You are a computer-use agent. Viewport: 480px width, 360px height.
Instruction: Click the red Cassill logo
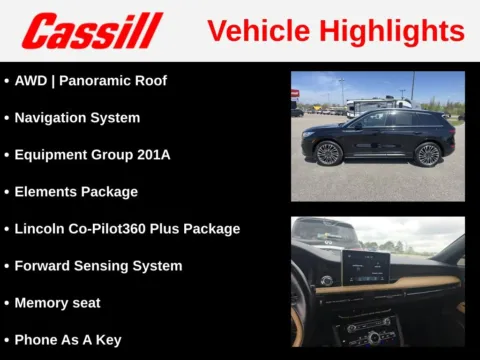coord(92,31)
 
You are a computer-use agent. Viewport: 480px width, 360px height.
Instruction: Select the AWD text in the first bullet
coord(31,80)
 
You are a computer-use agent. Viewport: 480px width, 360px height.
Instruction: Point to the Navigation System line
coord(77,117)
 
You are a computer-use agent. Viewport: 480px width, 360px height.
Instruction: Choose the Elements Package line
coord(76,191)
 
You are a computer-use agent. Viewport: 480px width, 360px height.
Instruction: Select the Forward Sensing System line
coord(98,265)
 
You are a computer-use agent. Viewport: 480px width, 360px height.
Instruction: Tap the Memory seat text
coord(57,302)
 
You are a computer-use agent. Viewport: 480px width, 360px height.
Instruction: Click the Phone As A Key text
coord(68,339)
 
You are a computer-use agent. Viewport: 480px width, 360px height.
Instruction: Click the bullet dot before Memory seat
coord(7,302)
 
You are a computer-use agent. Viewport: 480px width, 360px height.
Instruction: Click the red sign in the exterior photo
coord(295,93)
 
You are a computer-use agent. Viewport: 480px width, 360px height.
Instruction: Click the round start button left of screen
coord(325,281)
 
